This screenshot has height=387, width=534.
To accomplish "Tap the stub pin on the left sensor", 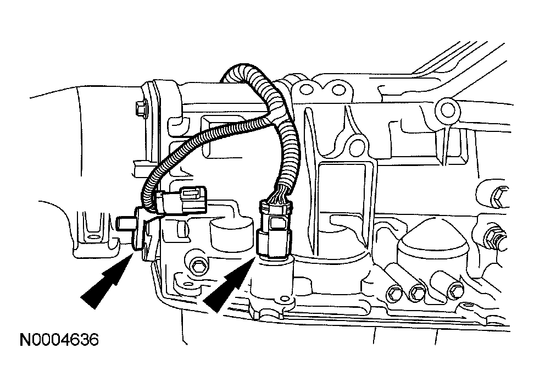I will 126,223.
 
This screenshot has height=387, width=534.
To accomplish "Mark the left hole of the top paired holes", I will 303,87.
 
